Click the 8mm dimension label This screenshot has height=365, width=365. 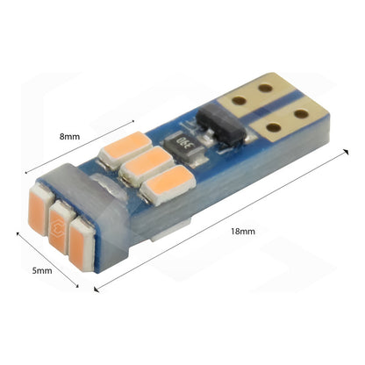coord(69,137)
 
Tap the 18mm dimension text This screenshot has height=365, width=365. coord(243,232)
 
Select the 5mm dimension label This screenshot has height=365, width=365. coord(42,270)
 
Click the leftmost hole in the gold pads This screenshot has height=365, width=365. coord(239,101)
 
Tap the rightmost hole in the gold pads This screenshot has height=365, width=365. coord(301,113)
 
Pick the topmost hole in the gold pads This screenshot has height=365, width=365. coord(265,88)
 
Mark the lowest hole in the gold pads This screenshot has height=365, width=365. coord(274,127)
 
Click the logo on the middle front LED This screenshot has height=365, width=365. coord(55,227)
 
